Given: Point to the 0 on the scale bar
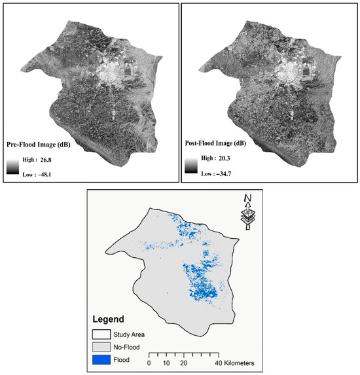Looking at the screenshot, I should click(x=149, y=362).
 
